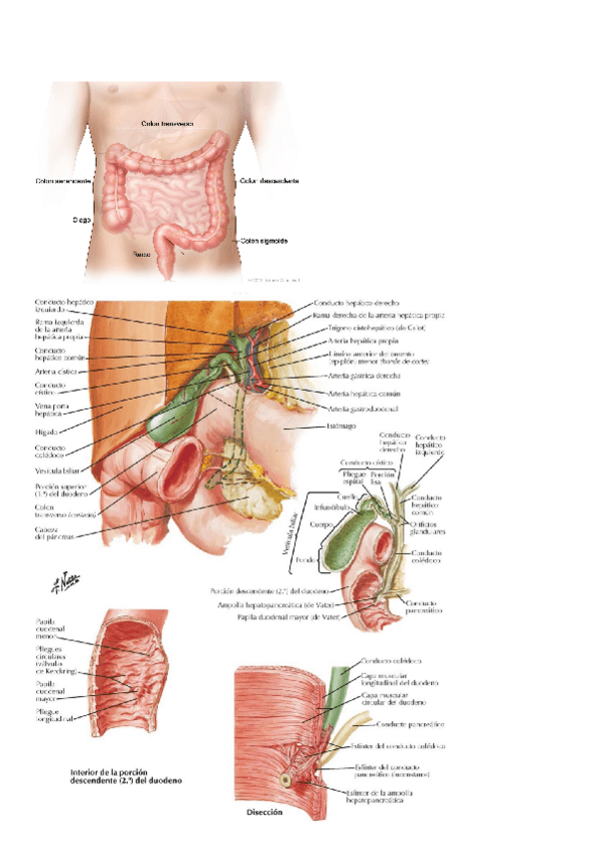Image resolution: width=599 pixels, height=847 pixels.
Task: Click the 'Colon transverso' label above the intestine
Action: pos(167,124)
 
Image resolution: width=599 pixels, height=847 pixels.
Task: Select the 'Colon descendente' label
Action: pos(270,181)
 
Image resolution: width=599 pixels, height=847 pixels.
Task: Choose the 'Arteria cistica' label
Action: pos(50,372)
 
